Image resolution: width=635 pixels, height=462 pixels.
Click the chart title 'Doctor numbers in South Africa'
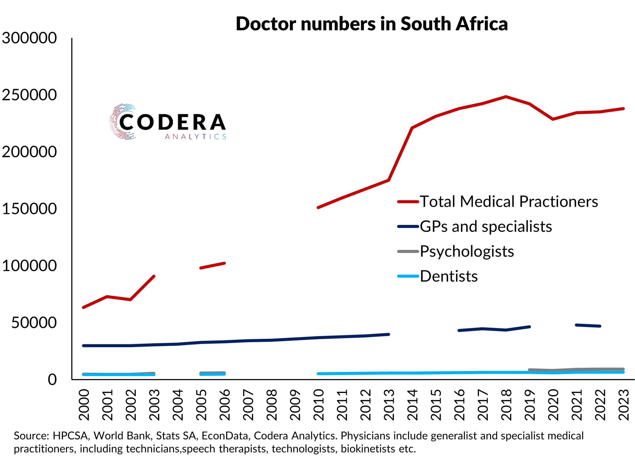(x=372, y=24)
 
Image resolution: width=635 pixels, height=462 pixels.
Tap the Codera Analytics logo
(x=168, y=122)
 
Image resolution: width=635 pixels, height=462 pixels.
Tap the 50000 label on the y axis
(x=34, y=323)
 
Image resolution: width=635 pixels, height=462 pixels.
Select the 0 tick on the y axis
(x=52, y=380)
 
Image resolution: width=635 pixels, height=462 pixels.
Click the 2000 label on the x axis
(x=84, y=405)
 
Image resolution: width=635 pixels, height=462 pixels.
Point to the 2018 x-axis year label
(x=506, y=405)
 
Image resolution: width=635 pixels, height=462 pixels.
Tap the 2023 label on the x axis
(x=624, y=405)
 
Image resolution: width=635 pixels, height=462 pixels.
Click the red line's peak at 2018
(x=506, y=97)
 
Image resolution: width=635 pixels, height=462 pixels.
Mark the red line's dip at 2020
(x=553, y=119)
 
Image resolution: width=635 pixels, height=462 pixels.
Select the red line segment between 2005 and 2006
(x=213, y=265)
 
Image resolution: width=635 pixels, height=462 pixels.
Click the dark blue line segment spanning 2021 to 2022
(x=588, y=326)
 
